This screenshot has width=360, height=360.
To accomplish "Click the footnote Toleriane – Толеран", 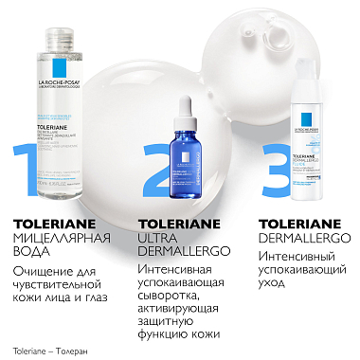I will (x=45, y=350).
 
